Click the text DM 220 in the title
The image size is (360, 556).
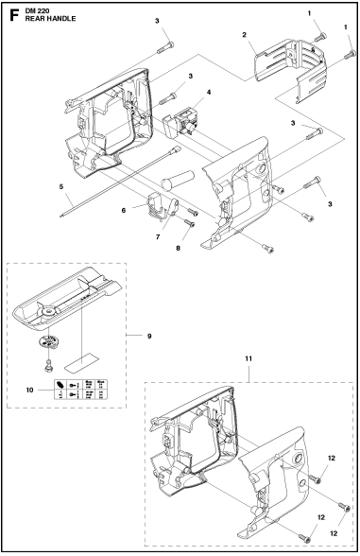click(x=39, y=9)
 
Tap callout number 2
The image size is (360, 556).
click(x=244, y=35)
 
